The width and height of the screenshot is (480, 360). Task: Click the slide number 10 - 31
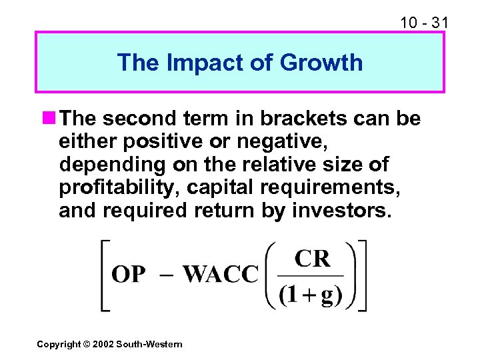[x=424, y=23]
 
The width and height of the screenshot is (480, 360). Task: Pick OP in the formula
[x=129, y=275]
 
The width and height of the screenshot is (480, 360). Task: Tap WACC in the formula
[x=220, y=275]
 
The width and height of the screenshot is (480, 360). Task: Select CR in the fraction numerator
[x=312, y=259]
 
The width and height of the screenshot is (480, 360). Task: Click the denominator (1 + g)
[x=310, y=295]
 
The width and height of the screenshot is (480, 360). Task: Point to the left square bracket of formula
[x=105, y=275]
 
